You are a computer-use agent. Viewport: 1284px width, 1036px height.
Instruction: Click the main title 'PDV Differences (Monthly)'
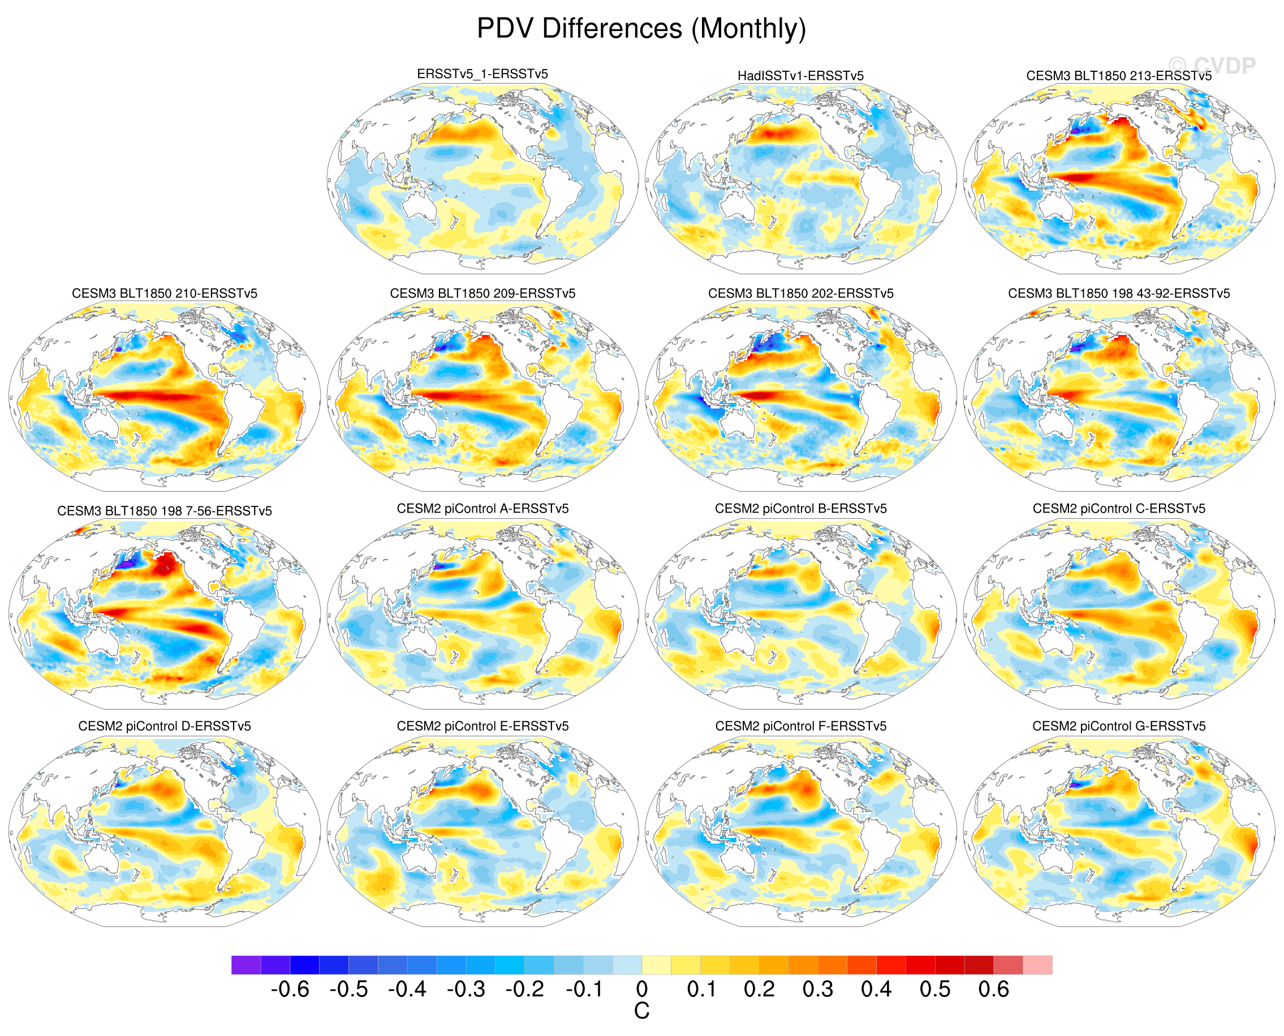641,29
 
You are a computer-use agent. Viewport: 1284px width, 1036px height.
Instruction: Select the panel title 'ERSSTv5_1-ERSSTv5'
482,74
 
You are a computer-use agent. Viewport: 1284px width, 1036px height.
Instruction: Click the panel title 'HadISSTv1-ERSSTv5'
800,76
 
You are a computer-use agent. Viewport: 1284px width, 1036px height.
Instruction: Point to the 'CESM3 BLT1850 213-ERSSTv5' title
1119,76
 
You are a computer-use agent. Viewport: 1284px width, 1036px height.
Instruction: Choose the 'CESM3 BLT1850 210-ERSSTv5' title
164,293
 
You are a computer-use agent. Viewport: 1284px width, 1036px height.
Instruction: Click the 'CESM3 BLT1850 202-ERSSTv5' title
800,293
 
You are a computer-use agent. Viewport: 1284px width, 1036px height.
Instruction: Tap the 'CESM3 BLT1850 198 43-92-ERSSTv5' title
1119,293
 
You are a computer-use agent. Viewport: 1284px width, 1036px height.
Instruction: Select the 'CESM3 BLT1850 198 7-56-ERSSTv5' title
164,511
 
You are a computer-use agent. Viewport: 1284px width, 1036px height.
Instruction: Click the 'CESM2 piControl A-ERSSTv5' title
482,509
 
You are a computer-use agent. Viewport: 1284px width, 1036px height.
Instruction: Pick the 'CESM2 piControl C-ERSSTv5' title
1119,509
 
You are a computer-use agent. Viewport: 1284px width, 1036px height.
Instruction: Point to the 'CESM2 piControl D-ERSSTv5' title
164,726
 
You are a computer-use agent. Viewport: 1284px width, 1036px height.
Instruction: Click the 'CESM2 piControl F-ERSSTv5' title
800,726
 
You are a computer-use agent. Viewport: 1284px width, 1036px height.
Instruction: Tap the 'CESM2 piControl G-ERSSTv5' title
1119,726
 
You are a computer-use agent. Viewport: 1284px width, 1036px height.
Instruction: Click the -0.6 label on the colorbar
290,990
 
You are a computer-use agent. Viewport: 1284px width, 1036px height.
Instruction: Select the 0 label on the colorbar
641,990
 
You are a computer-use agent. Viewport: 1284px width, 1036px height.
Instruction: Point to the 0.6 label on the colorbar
993,990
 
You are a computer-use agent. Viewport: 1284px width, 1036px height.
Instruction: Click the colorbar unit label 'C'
641,1011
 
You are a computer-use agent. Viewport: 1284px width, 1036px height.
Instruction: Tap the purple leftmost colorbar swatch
246,965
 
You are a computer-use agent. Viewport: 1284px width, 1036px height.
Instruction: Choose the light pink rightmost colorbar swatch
1037,965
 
